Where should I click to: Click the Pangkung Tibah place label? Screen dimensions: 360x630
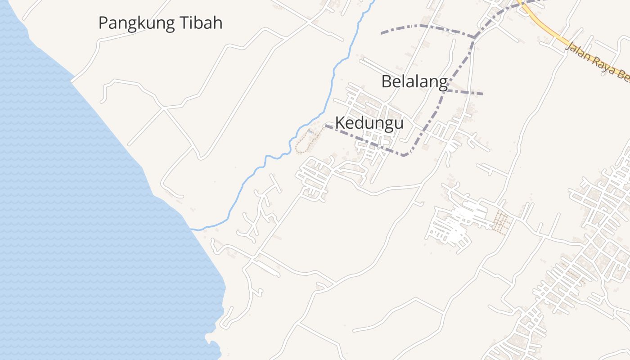160,23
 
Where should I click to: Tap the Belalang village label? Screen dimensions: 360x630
414,82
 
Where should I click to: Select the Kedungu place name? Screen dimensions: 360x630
369,123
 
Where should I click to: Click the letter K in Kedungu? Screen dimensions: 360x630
340,123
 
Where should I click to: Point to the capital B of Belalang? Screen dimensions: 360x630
386,82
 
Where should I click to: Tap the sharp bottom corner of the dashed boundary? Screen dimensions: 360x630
405,156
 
